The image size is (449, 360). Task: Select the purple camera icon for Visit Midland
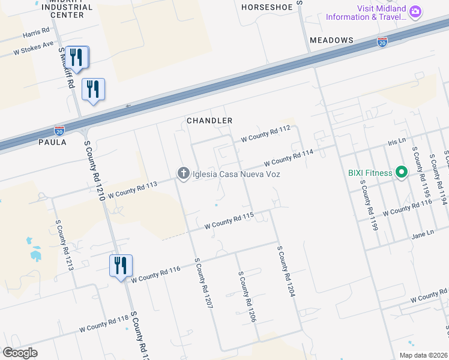pyautogui.click(x=415, y=11)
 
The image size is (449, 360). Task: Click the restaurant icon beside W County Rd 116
pyautogui.click(x=121, y=265)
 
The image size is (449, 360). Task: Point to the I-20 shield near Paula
pyautogui.click(x=59, y=130)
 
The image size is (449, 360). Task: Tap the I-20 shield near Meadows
pyautogui.click(x=382, y=41)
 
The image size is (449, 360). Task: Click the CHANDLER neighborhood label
pyautogui.click(x=209, y=121)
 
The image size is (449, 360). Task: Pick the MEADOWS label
pyautogui.click(x=331, y=40)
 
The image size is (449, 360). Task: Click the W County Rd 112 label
pyautogui.click(x=265, y=133)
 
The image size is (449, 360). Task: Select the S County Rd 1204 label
pyautogui.click(x=286, y=271)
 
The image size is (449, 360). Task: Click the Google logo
pyautogui.click(x=20, y=352)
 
